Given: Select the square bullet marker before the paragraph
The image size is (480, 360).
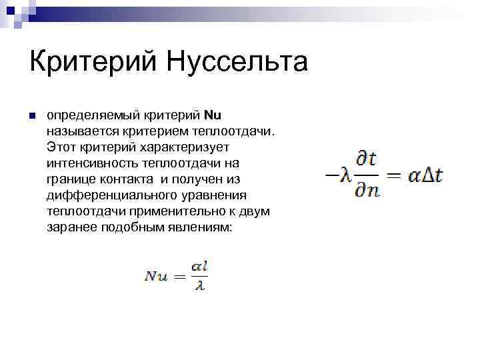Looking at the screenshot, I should point(31,117).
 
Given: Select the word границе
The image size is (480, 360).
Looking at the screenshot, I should point(70,179).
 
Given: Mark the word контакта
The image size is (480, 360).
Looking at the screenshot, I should point(136,179).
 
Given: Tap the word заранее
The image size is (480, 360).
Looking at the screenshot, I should point(71,227).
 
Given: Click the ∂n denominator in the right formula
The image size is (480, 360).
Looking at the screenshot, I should point(367,191).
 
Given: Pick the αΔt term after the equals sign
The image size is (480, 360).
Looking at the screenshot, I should point(425,176).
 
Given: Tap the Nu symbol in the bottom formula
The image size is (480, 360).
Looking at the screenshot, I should point(157,276).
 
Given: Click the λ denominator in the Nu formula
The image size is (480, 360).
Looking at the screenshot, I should point(199,286).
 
